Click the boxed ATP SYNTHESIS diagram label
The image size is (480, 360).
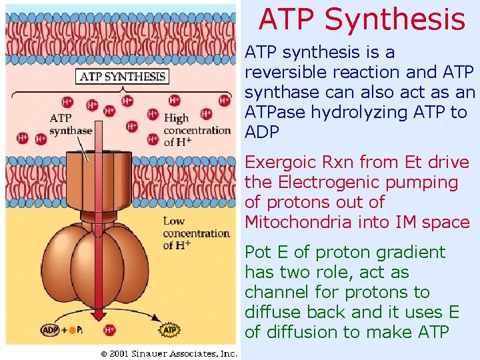[123, 76]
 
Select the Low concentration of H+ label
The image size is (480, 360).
[196, 233]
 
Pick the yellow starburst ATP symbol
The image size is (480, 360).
[169, 330]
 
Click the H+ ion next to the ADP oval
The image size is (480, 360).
[110, 330]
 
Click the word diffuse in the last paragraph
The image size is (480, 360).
[268, 313]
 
